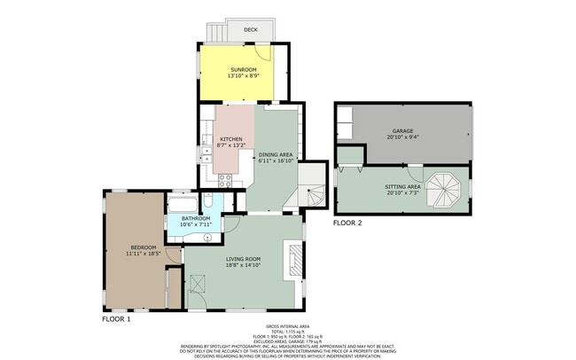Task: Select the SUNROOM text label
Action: tap(244, 69)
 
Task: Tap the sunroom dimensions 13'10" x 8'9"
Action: tap(244, 76)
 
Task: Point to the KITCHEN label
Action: tap(231, 139)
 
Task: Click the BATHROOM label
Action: tap(196, 218)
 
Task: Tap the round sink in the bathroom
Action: tap(207, 237)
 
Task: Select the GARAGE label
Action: tap(403, 131)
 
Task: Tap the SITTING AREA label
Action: tap(402, 187)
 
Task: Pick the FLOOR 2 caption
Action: tap(347, 223)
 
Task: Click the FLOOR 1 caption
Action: tap(116, 317)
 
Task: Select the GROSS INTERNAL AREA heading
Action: tap(287, 326)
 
